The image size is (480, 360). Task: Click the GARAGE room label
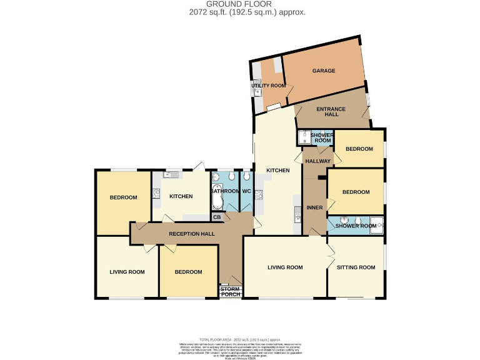coord(324,71)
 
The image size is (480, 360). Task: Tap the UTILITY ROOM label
coord(268,86)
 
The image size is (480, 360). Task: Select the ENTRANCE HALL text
coord(331,112)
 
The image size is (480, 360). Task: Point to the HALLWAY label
coord(317,161)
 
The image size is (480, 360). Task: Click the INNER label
coord(314,209)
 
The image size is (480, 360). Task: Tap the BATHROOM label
coord(225,191)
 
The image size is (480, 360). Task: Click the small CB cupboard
coord(217,217)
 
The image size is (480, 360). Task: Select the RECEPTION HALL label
coord(192,234)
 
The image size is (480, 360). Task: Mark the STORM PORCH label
coord(230,291)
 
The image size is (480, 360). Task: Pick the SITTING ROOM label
coord(356,267)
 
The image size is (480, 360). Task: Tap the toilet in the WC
coord(246,176)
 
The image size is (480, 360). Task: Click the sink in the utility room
coord(257,91)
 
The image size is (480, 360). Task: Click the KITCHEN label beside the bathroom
coord(181,197)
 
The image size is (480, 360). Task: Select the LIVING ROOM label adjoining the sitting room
coord(285,267)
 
